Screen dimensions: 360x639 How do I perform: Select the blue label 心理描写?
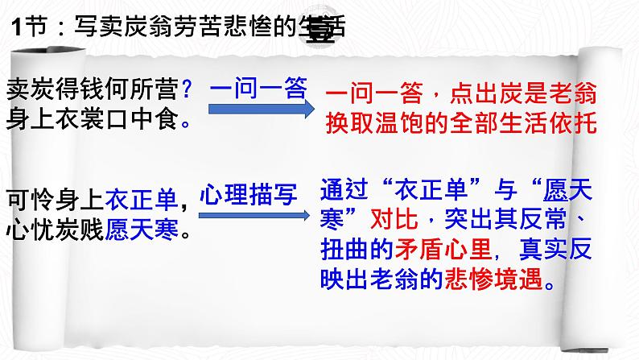pos(249,195)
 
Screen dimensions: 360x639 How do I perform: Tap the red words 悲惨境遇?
pos(494,279)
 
